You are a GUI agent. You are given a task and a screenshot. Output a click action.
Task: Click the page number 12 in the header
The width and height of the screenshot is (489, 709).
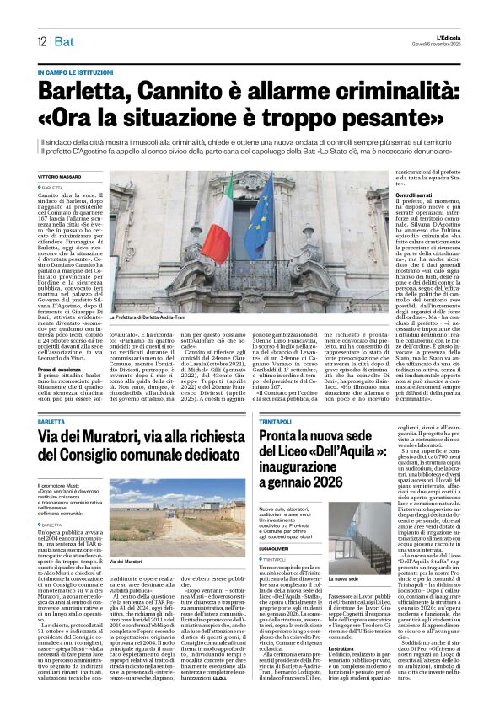click(40, 41)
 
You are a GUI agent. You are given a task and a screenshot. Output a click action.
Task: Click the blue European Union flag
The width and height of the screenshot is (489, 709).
click(258, 218)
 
